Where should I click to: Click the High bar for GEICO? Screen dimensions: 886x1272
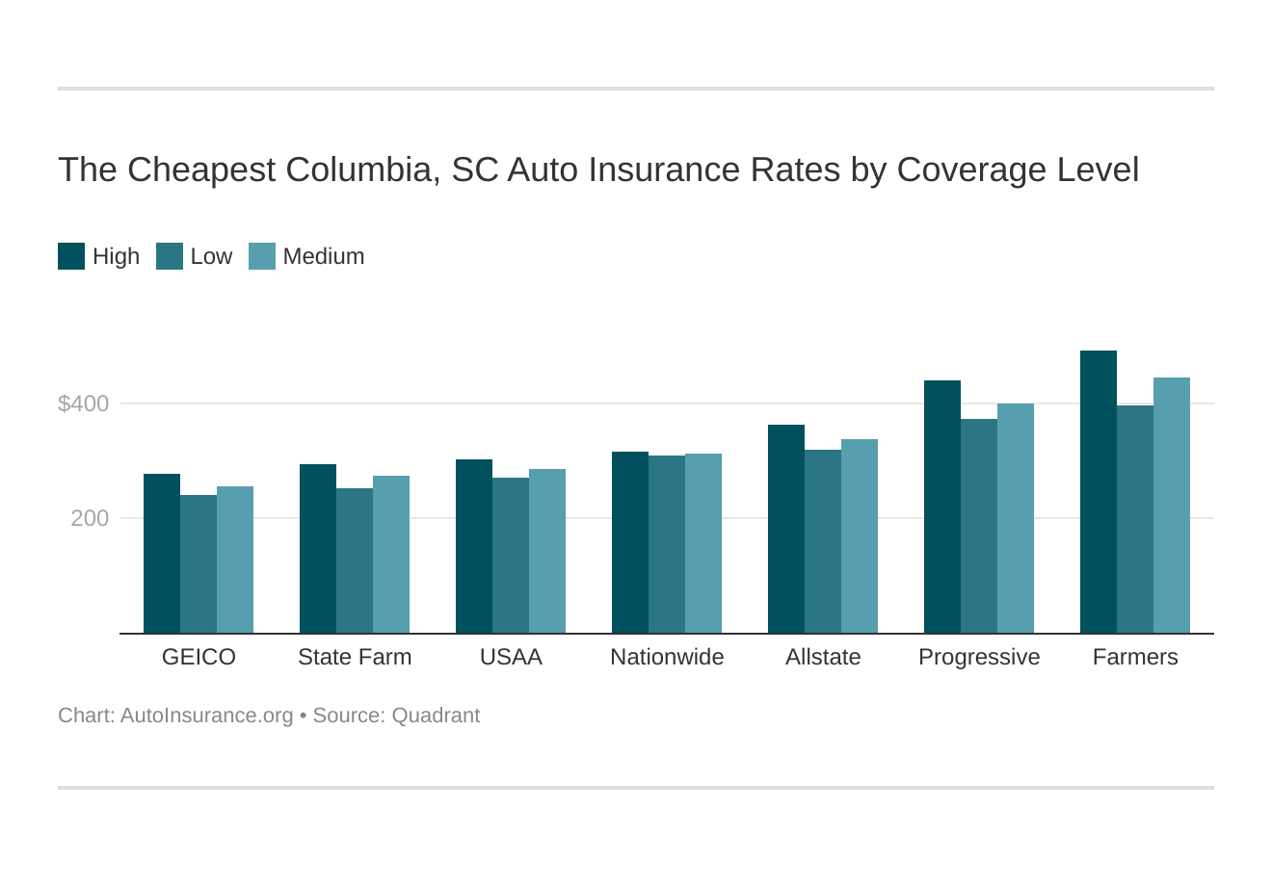coord(162,554)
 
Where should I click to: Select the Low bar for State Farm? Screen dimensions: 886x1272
coord(355,560)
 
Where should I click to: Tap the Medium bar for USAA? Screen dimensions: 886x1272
coord(547,551)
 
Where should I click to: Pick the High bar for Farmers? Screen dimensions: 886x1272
coord(1099,492)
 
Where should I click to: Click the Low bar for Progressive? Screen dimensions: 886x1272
coord(979,526)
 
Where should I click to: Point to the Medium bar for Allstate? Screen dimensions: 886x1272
coord(860,536)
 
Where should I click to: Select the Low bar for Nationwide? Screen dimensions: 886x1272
coord(667,544)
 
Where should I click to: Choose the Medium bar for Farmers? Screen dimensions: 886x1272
coord(1172,506)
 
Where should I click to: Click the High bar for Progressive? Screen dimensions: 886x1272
coord(942,507)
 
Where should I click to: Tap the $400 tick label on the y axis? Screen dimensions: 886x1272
coord(84,404)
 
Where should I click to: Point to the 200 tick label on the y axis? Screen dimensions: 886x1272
coord(90,518)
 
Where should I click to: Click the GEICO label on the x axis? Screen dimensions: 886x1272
coord(199,657)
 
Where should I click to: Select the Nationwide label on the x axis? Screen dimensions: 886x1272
coord(667,657)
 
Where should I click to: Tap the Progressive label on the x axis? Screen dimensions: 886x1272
coord(979,657)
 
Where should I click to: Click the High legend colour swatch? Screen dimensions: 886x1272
coord(71,256)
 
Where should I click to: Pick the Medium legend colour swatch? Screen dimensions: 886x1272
coord(262,256)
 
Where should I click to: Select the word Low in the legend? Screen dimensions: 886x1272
coord(211,256)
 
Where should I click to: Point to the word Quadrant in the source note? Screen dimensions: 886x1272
coord(436,716)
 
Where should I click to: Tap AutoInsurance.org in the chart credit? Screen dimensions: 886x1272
coord(206,716)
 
